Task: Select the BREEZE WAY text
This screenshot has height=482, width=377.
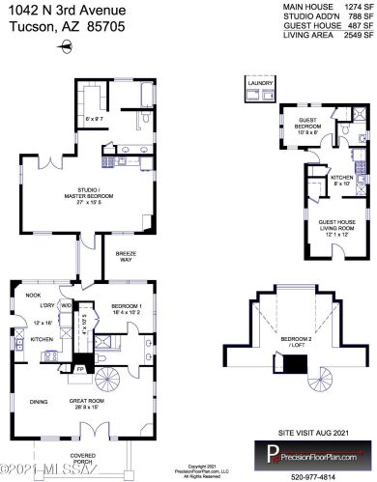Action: pyautogui.click(x=126, y=257)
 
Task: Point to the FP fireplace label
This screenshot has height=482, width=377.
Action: pyautogui.click(x=67, y=368)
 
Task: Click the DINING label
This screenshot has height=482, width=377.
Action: pyautogui.click(x=39, y=402)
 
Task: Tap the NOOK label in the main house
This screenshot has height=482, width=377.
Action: pyautogui.click(x=33, y=296)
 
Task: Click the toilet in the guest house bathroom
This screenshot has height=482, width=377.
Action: pyautogui.click(x=351, y=133)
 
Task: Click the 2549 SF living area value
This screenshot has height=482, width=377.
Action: pyautogui.click(x=358, y=36)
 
